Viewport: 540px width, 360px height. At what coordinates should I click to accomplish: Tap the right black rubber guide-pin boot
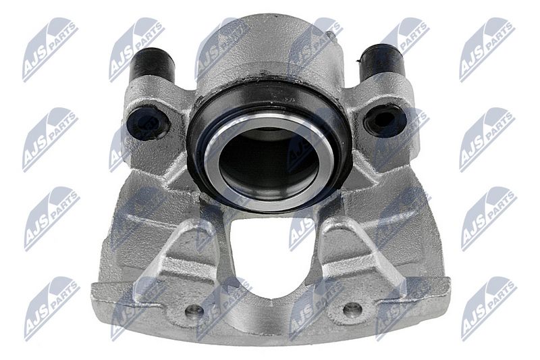tap(380, 62)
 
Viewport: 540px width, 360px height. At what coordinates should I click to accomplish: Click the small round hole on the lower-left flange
tap(194, 311)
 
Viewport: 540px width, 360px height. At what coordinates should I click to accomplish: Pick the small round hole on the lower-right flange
tap(352, 309)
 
